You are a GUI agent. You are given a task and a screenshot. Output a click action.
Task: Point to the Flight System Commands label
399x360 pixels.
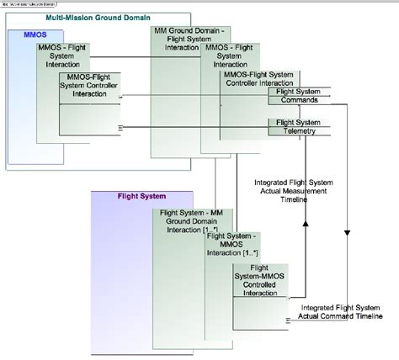(299, 94)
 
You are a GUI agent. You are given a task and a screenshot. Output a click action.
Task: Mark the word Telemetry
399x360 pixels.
(299, 132)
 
